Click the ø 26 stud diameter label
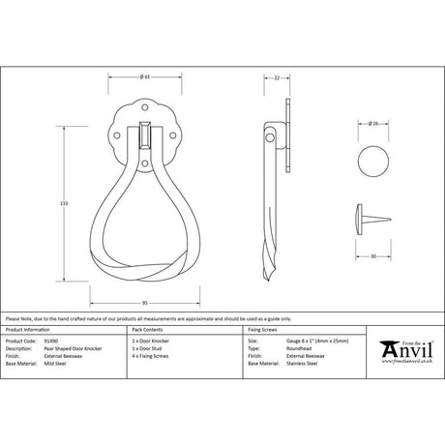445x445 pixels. tap(372, 123)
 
